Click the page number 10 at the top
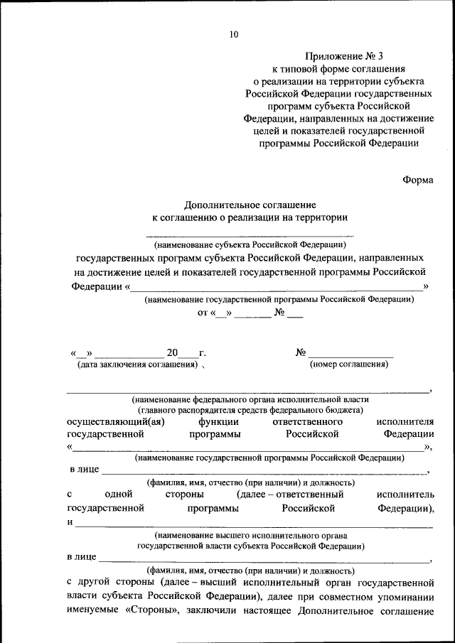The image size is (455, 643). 234,33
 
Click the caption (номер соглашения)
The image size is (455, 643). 348,364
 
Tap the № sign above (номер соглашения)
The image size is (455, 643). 301,352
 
